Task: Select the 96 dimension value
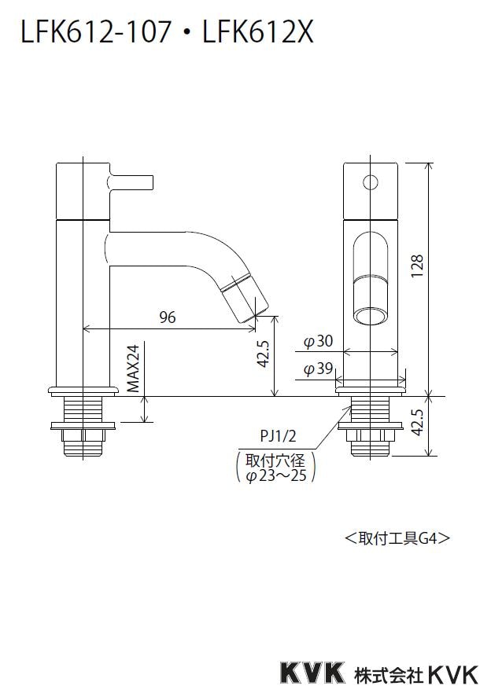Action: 168,317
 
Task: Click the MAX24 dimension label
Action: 135,368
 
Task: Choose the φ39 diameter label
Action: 319,369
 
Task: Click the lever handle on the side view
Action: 134,182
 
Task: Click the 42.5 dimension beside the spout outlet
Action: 264,354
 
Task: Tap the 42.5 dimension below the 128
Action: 418,424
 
